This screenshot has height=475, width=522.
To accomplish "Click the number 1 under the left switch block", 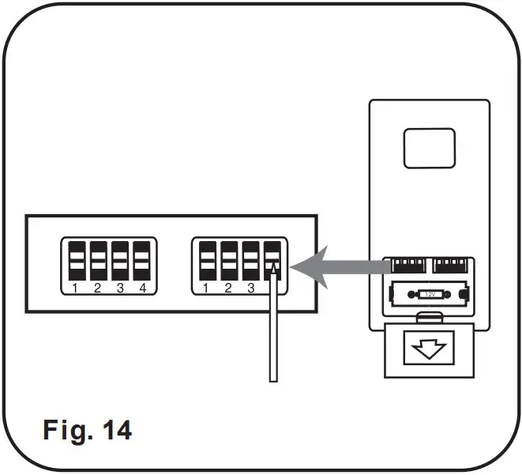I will click(73, 288).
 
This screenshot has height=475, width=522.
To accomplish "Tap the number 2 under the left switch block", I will click(96, 288).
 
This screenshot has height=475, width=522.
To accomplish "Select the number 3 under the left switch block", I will click(120, 288).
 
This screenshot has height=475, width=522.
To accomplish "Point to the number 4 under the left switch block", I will click(143, 288).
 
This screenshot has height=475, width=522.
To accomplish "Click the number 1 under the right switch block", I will click(205, 288).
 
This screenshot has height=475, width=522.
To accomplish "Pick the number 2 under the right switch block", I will click(228, 288).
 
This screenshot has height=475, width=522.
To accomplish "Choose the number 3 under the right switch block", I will click(251, 288).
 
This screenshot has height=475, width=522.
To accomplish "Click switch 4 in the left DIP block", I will click(141, 259).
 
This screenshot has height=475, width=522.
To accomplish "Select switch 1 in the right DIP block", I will click(207, 259).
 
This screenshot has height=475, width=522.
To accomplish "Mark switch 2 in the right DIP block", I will click(229, 259).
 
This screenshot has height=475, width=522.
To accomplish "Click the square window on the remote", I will click(430, 149).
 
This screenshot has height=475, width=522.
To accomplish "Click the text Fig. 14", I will click(86, 430).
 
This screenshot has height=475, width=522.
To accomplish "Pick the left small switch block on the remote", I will click(406, 265).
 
